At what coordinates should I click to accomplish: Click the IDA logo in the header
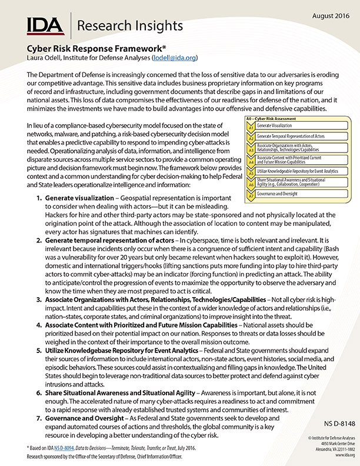46,26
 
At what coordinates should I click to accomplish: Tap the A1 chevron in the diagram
250,127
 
